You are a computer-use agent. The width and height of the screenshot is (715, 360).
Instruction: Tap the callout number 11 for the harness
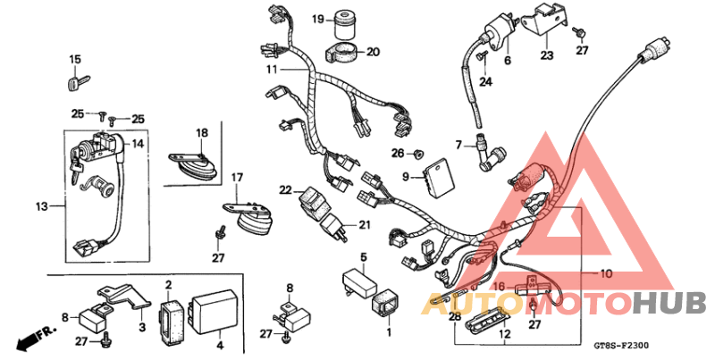(271, 69)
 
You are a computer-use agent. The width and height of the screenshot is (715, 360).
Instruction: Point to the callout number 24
(485, 82)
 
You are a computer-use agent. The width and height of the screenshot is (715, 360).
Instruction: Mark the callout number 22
(285, 189)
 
